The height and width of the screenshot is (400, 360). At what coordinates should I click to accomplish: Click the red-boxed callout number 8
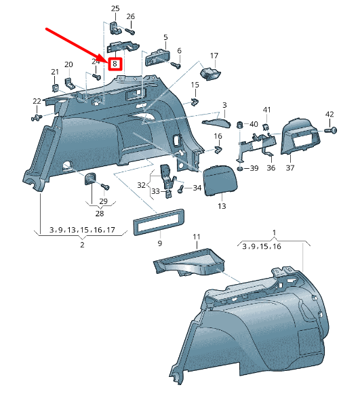pyautogui.click(x=115, y=64)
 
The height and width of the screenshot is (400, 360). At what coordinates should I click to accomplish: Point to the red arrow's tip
pyautogui.click(x=107, y=58)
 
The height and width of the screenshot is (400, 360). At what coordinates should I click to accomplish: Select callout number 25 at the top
pyautogui.click(x=115, y=8)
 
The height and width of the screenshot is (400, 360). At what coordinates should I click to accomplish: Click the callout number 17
pyautogui.click(x=214, y=56)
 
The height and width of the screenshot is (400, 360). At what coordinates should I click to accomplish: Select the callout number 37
pyautogui.click(x=289, y=167)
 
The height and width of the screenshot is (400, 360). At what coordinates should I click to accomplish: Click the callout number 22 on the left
pyautogui.click(x=37, y=101)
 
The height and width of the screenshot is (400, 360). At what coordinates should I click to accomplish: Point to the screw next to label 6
pyautogui.click(x=176, y=66)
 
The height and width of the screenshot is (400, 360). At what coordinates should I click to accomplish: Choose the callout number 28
pyautogui.click(x=100, y=213)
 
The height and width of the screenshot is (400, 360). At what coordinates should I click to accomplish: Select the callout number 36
pyautogui.click(x=270, y=167)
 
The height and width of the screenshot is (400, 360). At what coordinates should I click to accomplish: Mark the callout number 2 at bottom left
pyautogui.click(x=82, y=244)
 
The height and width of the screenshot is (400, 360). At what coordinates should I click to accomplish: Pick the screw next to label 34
pyautogui.click(x=182, y=188)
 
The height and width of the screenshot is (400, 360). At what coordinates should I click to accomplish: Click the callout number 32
pyautogui.click(x=141, y=184)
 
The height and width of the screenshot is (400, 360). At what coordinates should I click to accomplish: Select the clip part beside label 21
pyautogui.click(x=55, y=87)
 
